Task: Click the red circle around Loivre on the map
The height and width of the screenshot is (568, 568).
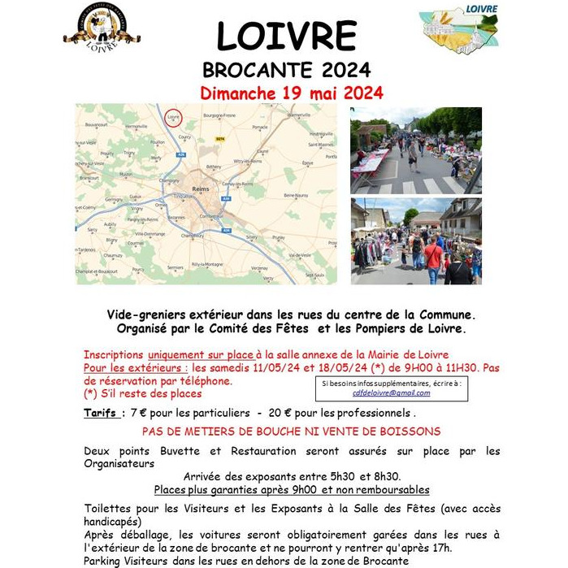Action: [173, 119]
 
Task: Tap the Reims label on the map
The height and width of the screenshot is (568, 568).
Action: [200, 189]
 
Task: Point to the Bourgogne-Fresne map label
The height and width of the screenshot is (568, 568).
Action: [218, 115]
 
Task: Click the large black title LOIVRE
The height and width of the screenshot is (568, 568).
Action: [286, 37]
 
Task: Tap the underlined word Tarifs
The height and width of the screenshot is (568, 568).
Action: [100, 413]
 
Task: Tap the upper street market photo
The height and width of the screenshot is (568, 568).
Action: [416, 150]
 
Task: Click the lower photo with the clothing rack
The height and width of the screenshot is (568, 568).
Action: [416, 241]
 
